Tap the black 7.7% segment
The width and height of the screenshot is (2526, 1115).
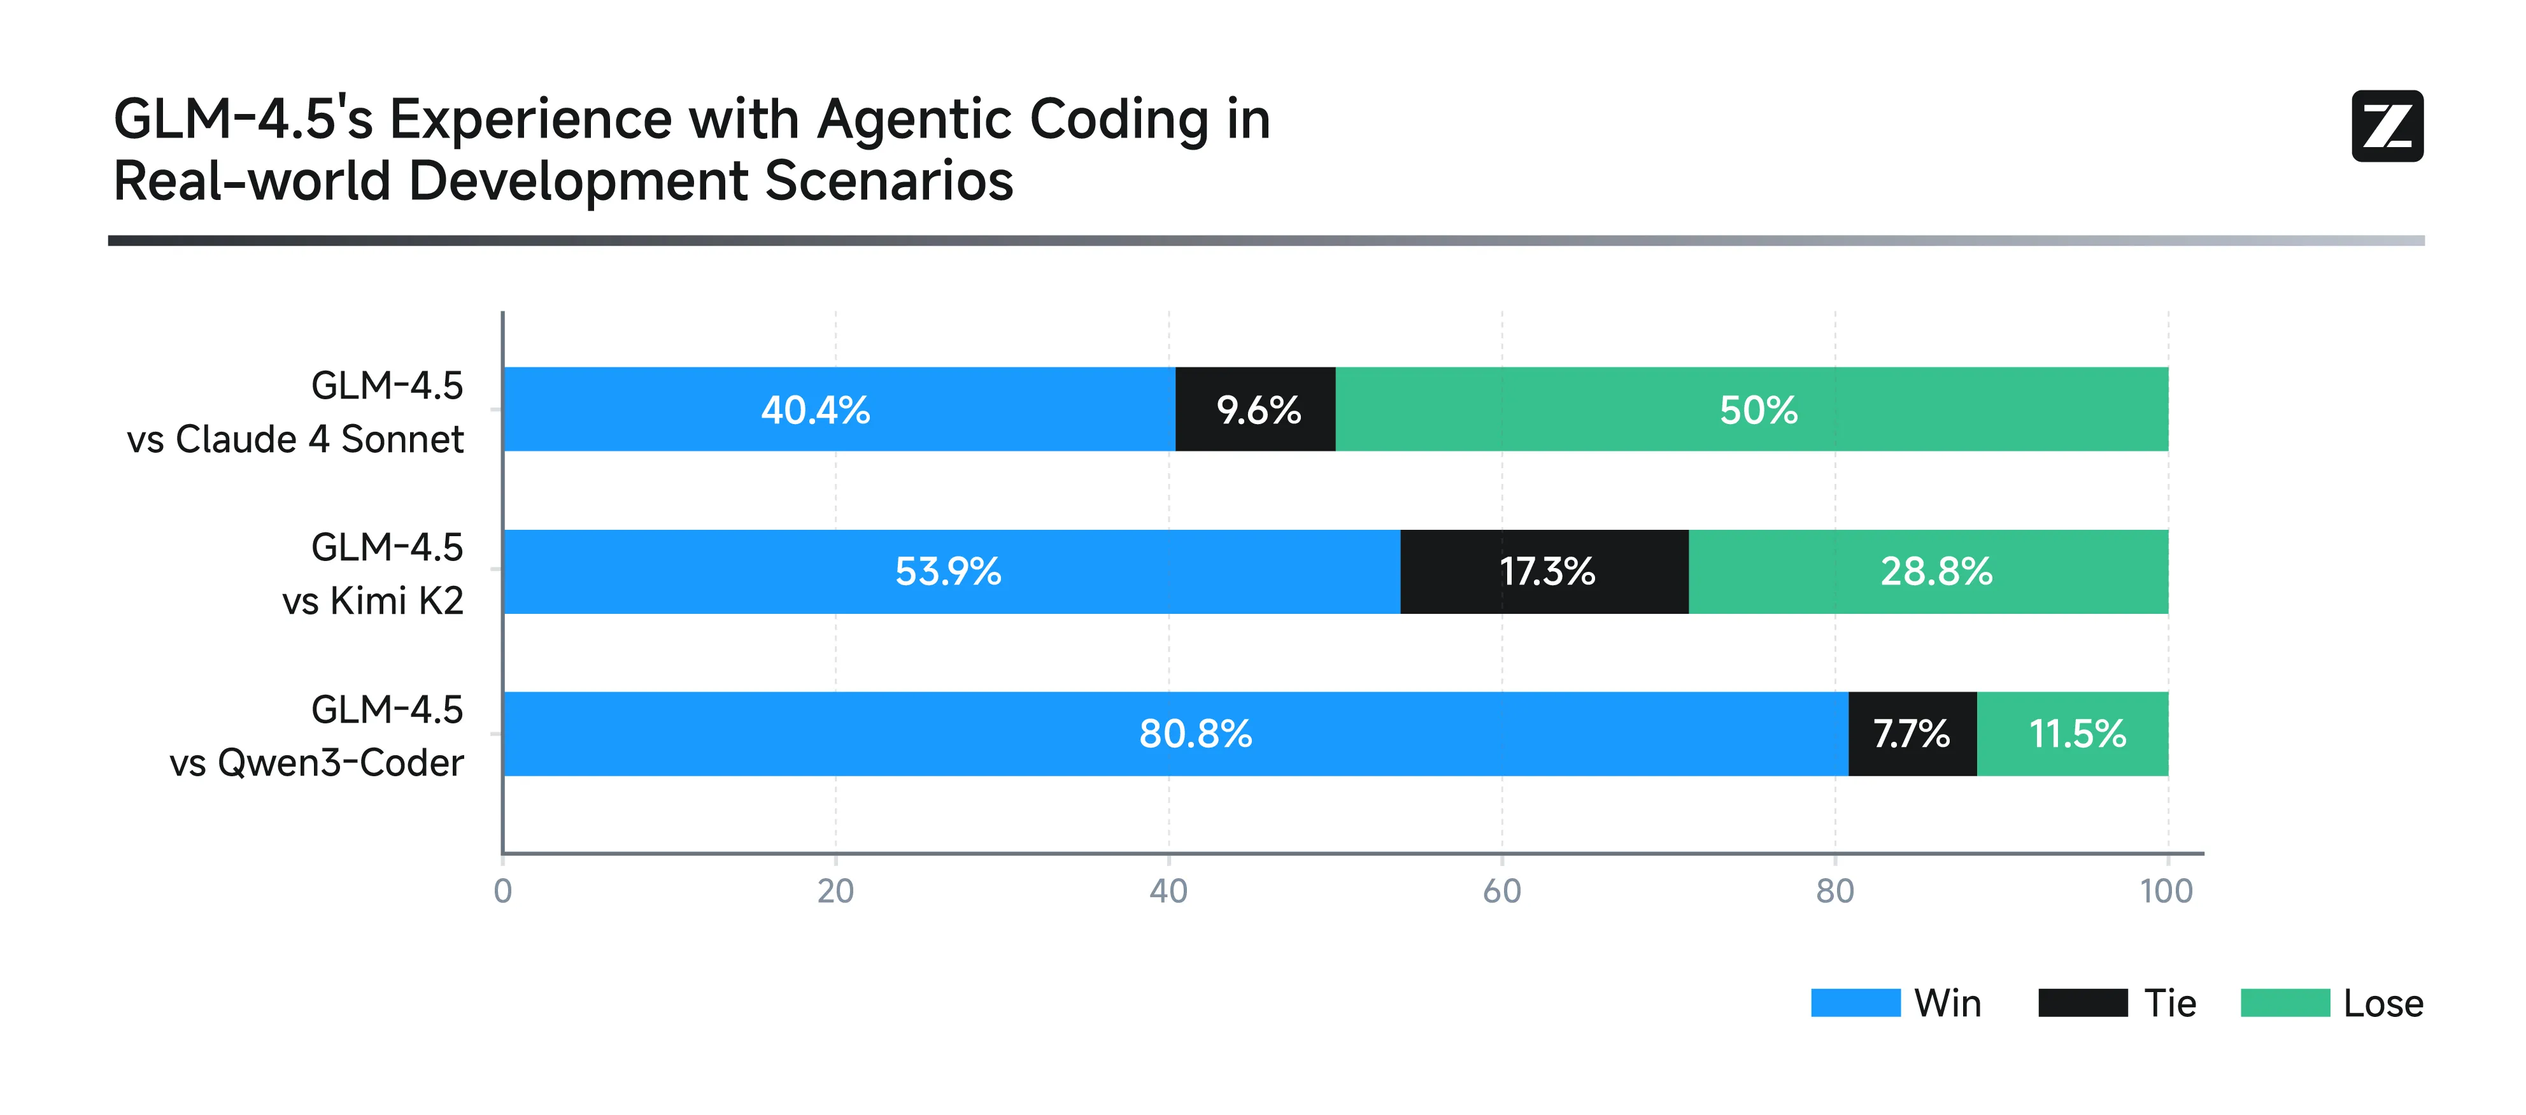point(1912,734)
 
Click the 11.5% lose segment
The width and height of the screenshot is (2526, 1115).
point(2074,734)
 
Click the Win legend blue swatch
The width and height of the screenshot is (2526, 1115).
point(1855,1002)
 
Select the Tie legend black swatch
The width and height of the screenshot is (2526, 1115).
point(2082,1002)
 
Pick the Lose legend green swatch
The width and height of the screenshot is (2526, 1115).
point(2285,1002)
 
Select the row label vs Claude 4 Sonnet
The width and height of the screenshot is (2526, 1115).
point(295,439)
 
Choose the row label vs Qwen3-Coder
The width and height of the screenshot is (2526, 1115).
point(316,763)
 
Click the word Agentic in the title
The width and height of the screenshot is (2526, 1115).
point(915,120)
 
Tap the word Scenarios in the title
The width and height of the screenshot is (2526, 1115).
point(888,181)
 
